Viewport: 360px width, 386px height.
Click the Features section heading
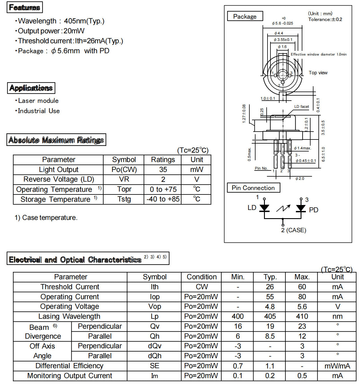[25, 7]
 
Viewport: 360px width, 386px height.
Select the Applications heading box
[31, 88]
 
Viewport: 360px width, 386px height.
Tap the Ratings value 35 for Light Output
[163, 170]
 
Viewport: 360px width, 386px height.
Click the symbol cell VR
[124, 179]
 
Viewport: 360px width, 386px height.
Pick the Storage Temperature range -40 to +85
[163, 199]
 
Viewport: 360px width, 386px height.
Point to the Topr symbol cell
[124, 189]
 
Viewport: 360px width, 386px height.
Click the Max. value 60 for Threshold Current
[302, 287]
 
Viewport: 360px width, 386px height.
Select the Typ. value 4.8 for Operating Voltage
[270, 307]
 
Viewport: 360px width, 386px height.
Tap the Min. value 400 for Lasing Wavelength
[237, 316]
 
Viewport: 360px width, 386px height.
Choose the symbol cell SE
[155, 366]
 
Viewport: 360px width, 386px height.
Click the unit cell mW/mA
[337, 366]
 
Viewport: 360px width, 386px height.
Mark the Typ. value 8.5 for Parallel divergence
[270, 336]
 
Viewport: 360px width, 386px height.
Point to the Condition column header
[202, 277]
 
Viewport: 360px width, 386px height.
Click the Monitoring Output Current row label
[70, 376]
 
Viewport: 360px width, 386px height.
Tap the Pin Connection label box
[253, 188]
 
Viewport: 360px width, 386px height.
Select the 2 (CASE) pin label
[294, 230]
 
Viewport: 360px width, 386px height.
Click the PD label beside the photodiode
[313, 210]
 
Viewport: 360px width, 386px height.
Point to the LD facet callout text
[301, 107]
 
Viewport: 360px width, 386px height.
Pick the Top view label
[318, 73]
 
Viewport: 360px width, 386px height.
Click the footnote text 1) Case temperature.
[46, 218]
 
